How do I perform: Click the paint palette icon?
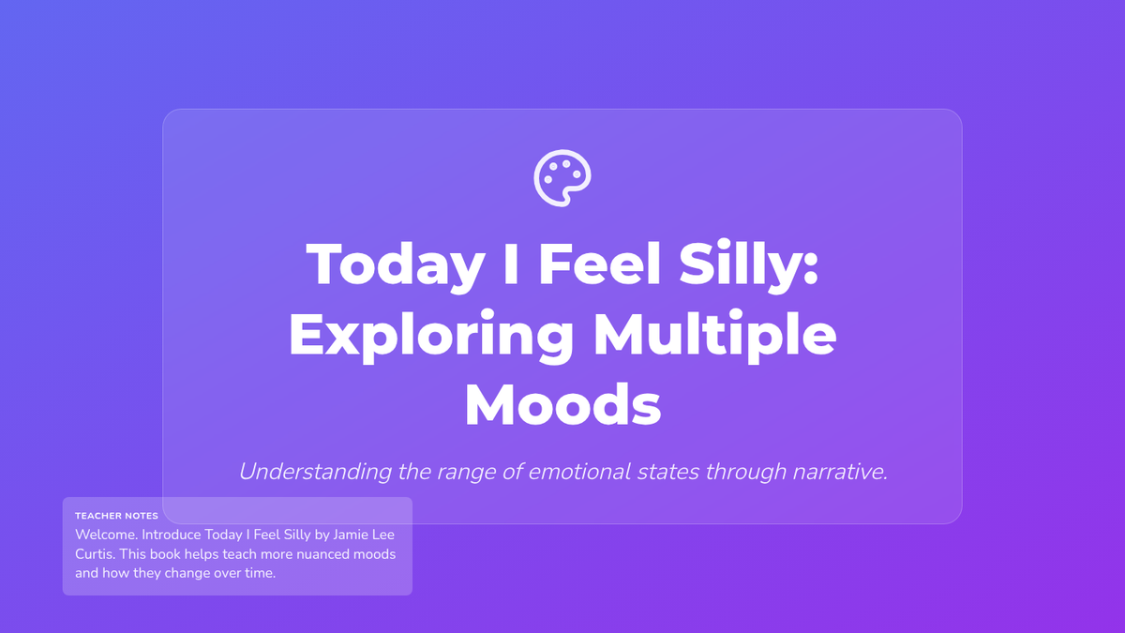[562, 178]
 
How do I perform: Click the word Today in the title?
[396, 265]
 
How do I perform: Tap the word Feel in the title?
[599, 264]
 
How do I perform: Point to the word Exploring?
[431, 336]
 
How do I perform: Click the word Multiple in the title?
[714, 335]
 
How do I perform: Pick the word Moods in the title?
[562, 405]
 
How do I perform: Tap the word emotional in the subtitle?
[579, 472]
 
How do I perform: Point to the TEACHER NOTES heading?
[116, 516]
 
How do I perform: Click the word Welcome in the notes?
[106, 535]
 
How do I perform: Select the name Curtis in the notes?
[96, 554]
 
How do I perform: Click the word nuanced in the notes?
[322, 554]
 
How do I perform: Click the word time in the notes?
[260, 573]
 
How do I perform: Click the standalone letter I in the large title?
[511, 264]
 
